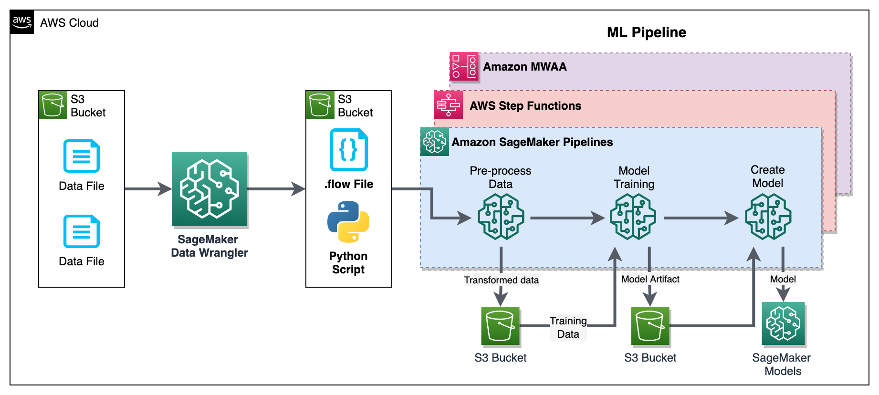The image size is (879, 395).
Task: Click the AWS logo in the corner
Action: pos(22,22)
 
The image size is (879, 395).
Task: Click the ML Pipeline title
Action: pos(646,32)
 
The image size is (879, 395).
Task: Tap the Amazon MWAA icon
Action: pos(464,67)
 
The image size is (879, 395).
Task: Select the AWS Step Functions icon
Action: pos(448,105)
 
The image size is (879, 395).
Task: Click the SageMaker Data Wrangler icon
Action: pos(209,189)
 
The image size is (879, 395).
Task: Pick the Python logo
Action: pos(348,221)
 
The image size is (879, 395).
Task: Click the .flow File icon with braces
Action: pos(348,150)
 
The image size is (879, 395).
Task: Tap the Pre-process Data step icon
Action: pos(501,217)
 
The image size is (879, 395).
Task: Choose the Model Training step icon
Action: pos(633,217)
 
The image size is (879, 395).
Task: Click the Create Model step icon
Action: pos(768,217)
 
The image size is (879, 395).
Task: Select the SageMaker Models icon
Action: pos(783,324)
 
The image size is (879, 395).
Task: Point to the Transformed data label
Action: pos(501,280)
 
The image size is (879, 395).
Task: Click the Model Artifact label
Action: pos(650,279)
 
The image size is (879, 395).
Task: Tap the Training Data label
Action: pos(568,327)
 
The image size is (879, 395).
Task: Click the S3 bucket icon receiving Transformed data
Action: pos(500,326)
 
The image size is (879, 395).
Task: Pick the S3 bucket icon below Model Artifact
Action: pos(650,326)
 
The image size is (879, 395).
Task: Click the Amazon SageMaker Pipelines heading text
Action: pos(532,142)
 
